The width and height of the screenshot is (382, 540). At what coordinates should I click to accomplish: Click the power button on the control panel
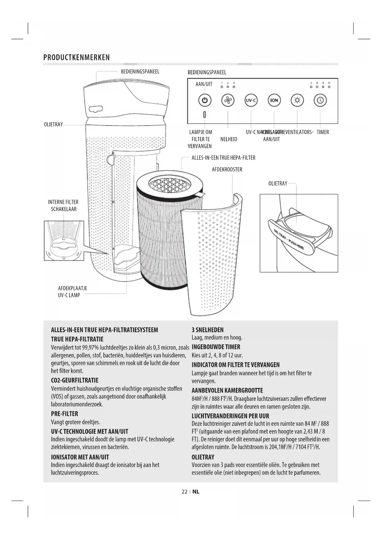click(205, 100)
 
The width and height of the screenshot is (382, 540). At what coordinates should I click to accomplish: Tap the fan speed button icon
click(228, 100)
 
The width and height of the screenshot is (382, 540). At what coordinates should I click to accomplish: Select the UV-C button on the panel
click(251, 100)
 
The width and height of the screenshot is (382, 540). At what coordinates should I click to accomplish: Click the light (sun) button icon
click(297, 100)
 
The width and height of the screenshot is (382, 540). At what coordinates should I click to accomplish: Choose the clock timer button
click(320, 100)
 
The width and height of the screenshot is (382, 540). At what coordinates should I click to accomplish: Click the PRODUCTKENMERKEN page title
click(76, 58)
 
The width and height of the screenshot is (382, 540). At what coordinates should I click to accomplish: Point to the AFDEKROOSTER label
click(227, 170)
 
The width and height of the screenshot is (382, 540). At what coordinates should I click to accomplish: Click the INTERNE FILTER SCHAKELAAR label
click(63, 206)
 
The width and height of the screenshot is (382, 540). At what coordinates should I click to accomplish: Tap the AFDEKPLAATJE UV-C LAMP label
click(72, 292)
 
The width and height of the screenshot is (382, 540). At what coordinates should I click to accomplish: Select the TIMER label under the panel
click(323, 132)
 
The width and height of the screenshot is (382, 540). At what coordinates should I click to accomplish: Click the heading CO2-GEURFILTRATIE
click(74, 380)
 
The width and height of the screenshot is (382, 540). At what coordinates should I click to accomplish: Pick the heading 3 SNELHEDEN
click(207, 330)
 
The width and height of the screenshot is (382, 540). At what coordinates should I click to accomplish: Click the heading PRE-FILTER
click(64, 414)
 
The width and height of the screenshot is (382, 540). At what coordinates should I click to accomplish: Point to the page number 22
click(184, 492)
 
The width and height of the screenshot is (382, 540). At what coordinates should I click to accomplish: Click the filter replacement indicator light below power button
click(205, 115)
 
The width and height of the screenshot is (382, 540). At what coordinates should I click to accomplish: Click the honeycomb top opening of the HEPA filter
click(170, 184)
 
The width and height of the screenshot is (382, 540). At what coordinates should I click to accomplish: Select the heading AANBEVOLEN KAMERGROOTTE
click(227, 390)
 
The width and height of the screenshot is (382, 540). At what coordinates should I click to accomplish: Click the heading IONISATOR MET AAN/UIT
click(80, 457)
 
